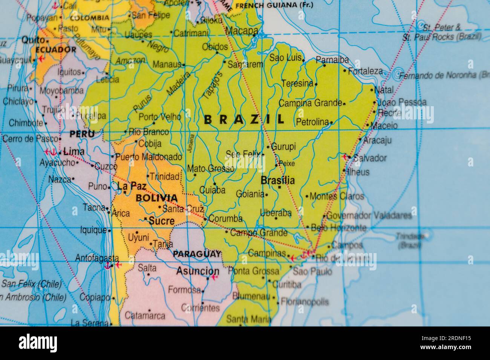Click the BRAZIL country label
243,120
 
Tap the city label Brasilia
277,181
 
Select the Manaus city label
167,64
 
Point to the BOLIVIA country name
156,198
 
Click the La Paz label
131,186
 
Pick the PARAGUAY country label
197,254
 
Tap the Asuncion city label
198,271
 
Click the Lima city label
74,152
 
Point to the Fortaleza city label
365,71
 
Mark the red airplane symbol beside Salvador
345,157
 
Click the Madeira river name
178,83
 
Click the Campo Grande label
259,233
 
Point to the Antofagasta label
97,258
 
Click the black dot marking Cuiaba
214,184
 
